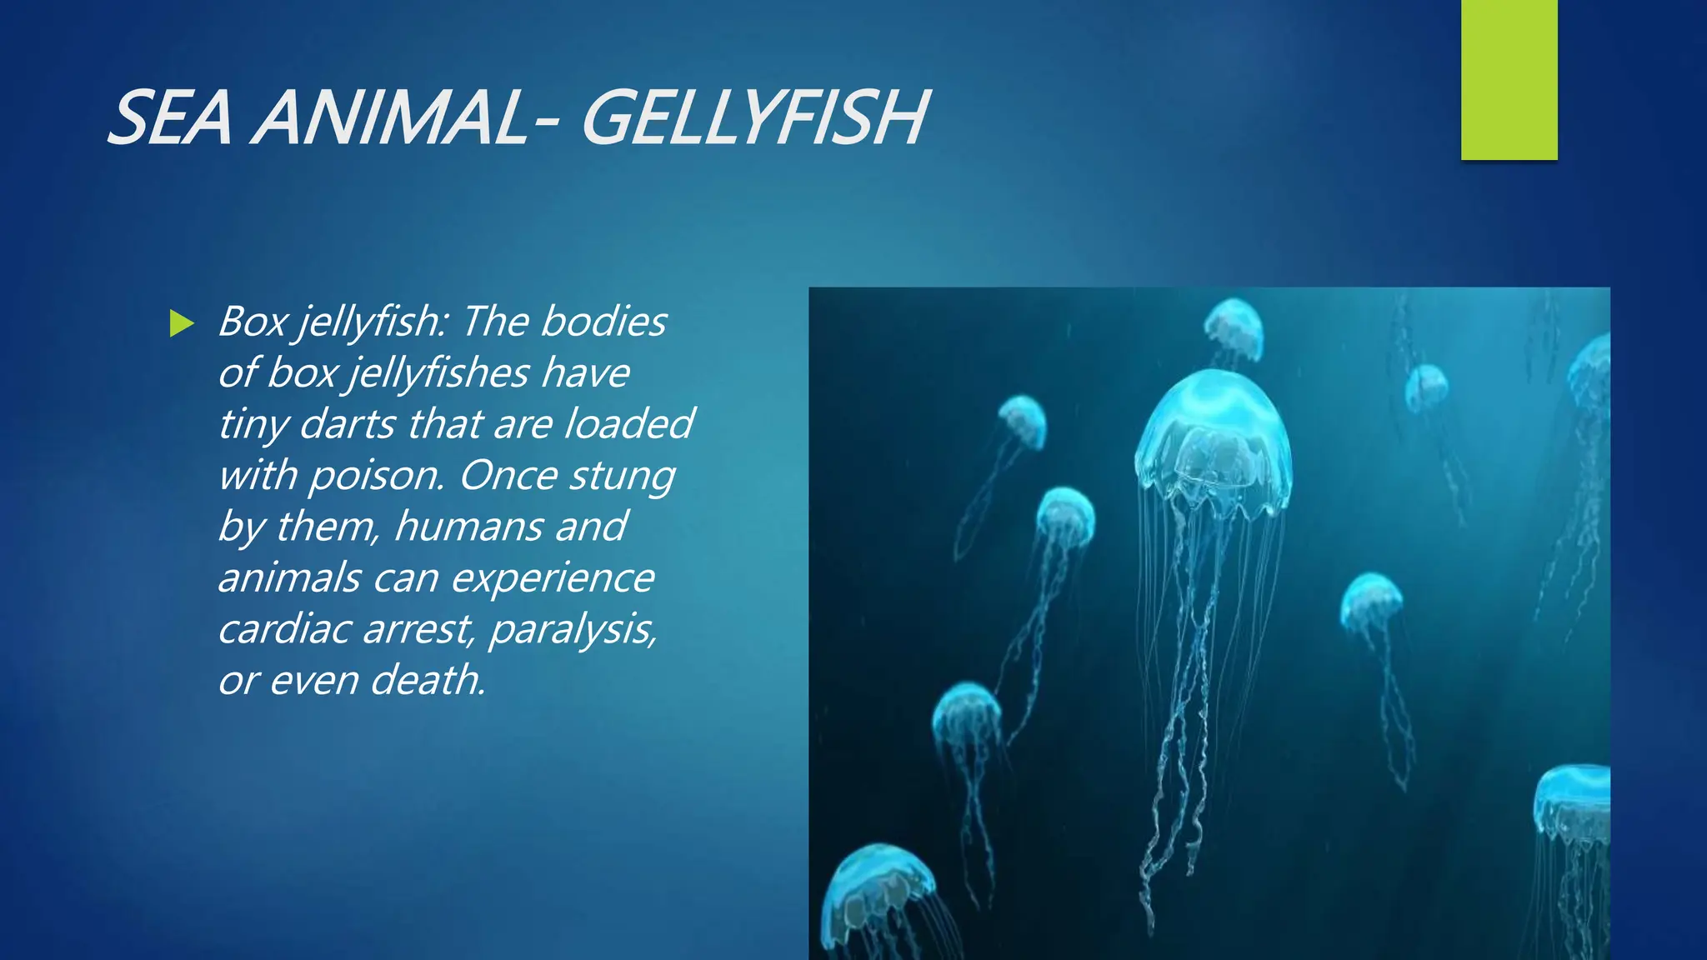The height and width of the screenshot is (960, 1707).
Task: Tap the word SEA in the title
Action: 170,118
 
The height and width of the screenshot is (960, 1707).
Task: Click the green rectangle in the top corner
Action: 1509,80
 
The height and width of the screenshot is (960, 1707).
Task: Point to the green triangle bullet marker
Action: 181,323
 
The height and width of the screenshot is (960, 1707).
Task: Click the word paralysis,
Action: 573,629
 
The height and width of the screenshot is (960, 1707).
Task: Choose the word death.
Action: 428,680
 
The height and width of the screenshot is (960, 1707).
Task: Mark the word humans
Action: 467,527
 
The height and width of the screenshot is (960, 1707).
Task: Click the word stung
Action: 622,476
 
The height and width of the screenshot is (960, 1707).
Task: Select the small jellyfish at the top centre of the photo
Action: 1234,327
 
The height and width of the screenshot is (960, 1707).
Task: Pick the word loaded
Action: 628,424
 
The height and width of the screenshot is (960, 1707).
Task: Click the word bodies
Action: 603,322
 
